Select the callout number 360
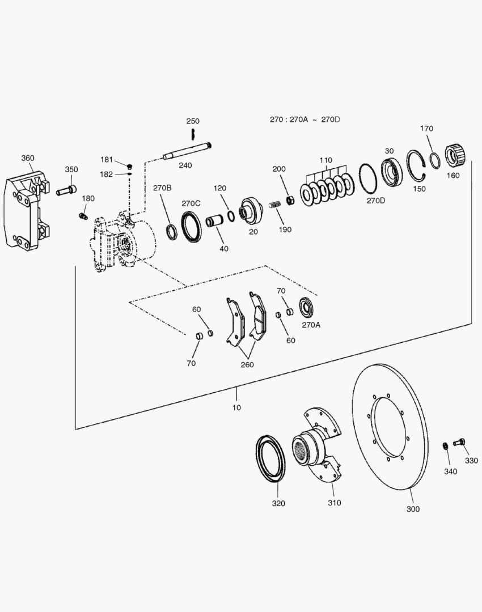tap(28, 158)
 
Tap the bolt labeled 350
tap(66, 191)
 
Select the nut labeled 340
tap(446, 445)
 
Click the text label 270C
tap(191, 203)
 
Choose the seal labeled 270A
tap(307, 308)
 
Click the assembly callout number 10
tap(236, 407)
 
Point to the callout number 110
tap(325, 160)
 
